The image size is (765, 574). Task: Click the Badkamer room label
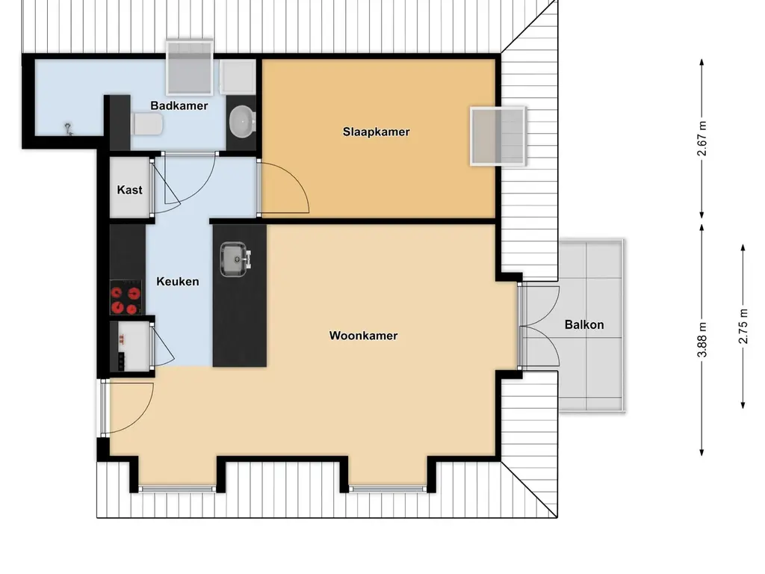pos(179,105)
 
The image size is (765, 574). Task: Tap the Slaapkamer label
pos(376,132)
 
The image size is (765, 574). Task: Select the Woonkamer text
pos(363,336)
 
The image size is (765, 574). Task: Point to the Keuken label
pos(177,282)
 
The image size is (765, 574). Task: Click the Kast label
pos(129,190)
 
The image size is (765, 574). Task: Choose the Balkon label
pos(584,324)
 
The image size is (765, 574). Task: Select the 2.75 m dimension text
pos(743,326)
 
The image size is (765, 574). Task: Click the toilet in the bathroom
pos(146,124)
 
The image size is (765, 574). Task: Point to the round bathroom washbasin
pos(241,120)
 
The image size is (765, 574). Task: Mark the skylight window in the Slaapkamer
pos(498,135)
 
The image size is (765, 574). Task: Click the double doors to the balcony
pos(539,326)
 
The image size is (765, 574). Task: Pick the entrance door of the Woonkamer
pos(128,408)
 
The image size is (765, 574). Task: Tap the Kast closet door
pos(164,187)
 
